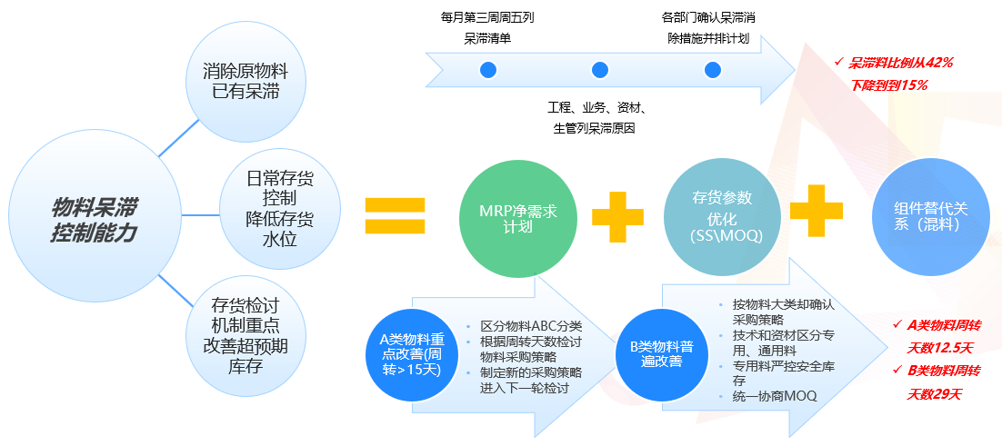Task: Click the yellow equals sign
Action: pyautogui.click(x=395, y=215)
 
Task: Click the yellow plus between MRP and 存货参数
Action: pyautogui.click(x=617, y=216)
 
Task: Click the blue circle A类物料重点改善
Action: pyautogui.click(x=412, y=352)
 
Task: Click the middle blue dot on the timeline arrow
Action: pyautogui.click(x=599, y=70)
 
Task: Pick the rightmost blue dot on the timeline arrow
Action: pyautogui.click(x=712, y=70)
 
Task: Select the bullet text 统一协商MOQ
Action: pyautogui.click(x=775, y=396)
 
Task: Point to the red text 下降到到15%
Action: pyautogui.click(x=889, y=84)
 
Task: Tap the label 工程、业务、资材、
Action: pyautogui.click(x=598, y=106)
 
